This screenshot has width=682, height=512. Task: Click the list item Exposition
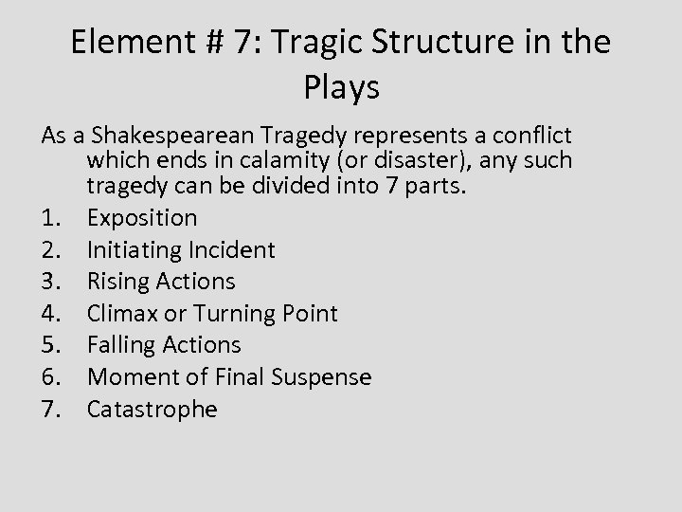pyautogui.click(x=142, y=218)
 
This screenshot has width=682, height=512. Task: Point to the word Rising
pyautogui.click(x=116, y=282)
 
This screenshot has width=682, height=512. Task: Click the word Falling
pyautogui.click(x=118, y=345)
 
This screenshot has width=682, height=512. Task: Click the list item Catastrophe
pyautogui.click(x=153, y=410)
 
